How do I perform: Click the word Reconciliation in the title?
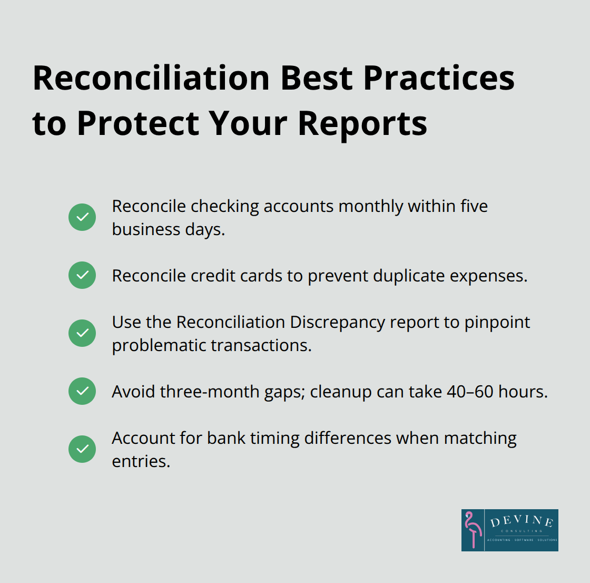[x=151, y=78]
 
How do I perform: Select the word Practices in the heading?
[x=439, y=78]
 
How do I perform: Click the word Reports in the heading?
[x=362, y=123]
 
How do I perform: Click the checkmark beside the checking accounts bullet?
[x=82, y=217]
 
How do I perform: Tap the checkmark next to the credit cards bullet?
[x=82, y=275]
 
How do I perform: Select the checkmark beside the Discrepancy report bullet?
[x=82, y=333]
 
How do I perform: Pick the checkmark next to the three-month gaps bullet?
[x=82, y=391]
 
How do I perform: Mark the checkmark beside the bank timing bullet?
[x=82, y=449]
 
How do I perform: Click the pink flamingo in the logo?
[x=473, y=530]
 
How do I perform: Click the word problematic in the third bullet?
[x=160, y=345]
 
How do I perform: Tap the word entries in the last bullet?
[x=141, y=461]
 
